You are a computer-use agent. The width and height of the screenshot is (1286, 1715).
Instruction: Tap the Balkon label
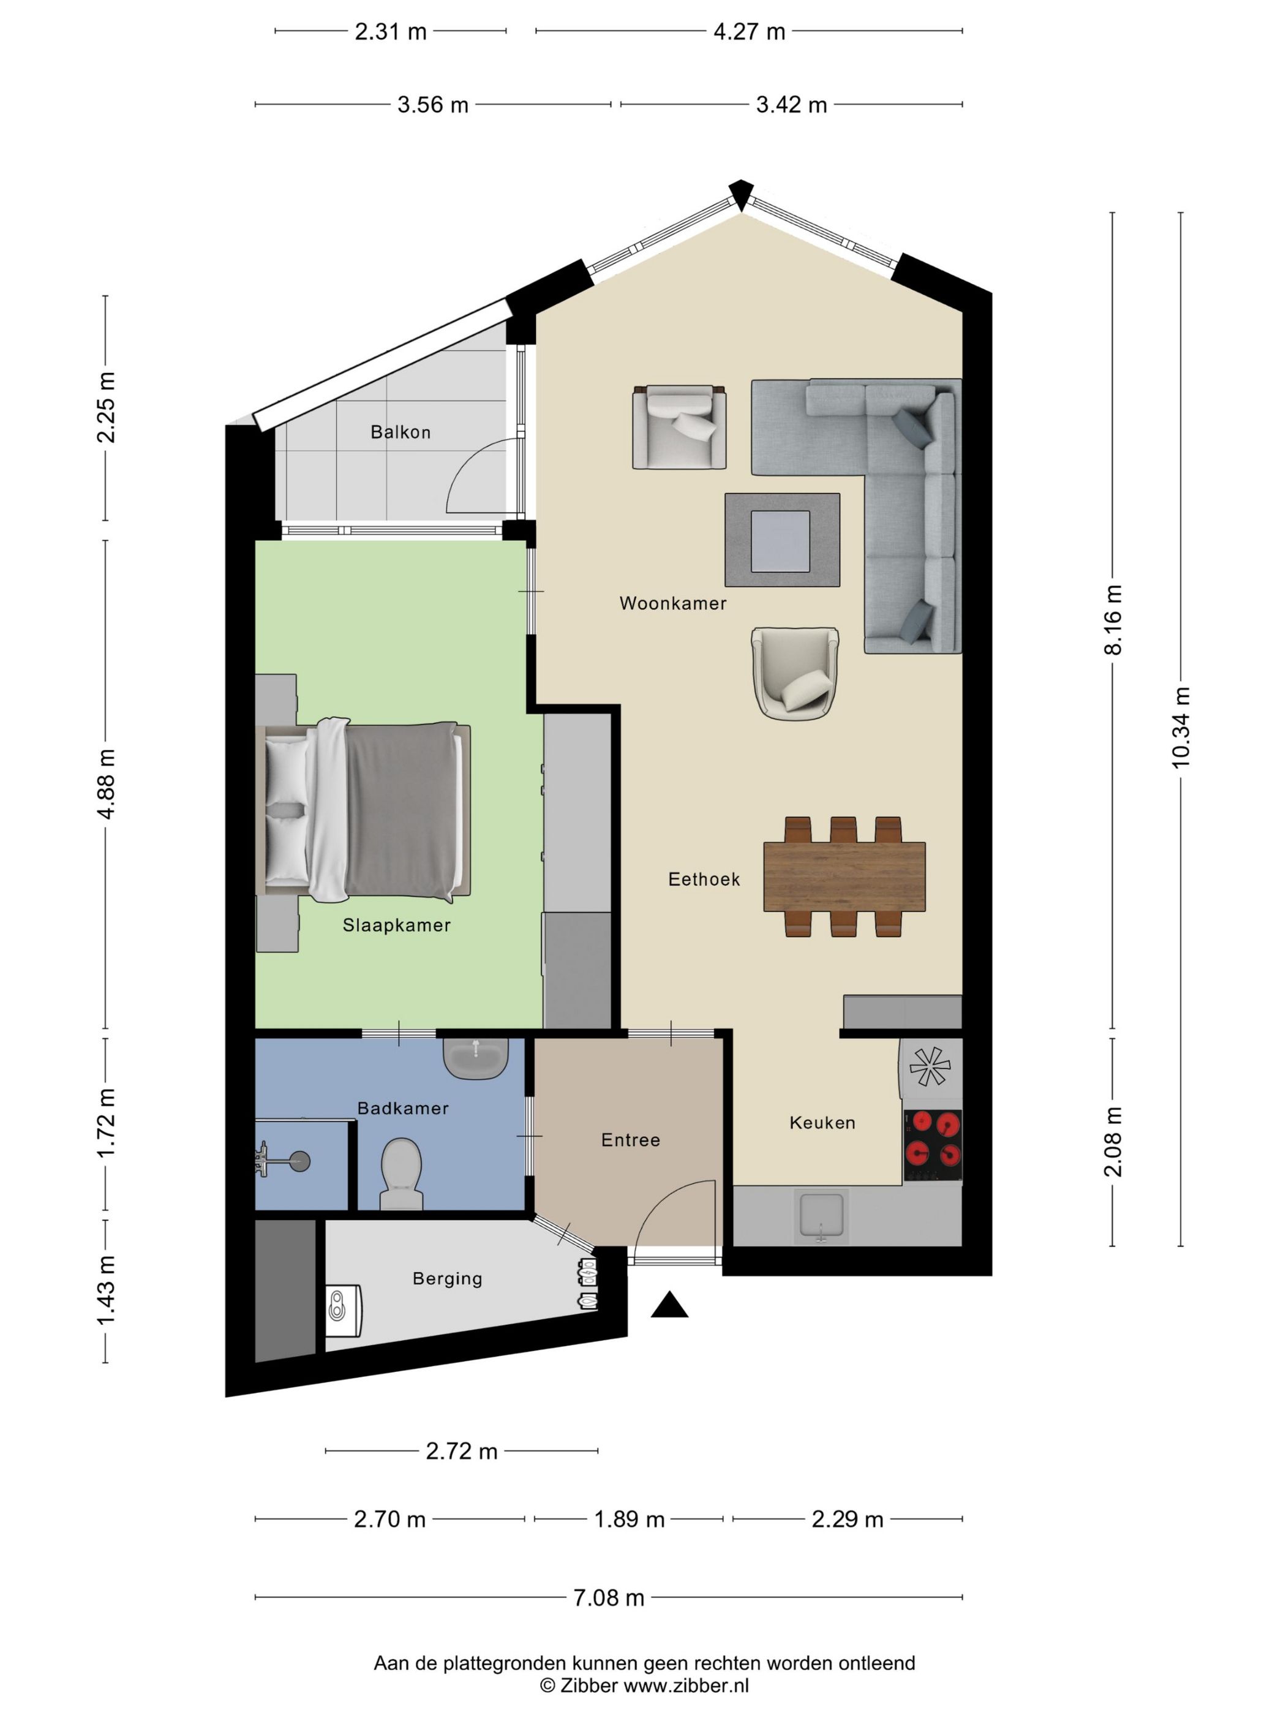click(400, 432)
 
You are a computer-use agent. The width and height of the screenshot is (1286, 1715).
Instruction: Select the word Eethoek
click(704, 878)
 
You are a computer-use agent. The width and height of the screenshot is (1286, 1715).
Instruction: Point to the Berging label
click(446, 1278)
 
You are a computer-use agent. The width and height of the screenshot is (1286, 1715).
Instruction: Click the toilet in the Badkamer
click(402, 1172)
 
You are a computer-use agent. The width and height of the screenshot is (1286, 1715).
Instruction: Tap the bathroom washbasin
click(476, 1058)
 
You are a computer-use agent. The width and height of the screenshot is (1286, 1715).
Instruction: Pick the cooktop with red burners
click(933, 1146)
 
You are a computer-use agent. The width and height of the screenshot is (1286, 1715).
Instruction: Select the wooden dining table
click(844, 876)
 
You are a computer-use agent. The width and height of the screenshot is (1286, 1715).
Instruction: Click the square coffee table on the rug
click(780, 540)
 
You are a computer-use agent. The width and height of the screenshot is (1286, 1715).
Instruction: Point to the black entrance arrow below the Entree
click(670, 1305)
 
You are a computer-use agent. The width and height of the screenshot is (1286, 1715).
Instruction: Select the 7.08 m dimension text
click(609, 1597)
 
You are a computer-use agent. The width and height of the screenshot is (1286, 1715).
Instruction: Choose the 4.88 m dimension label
click(105, 784)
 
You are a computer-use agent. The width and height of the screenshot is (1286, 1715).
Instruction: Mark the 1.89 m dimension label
click(629, 1519)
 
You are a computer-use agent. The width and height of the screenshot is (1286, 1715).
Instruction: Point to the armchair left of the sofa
click(679, 427)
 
